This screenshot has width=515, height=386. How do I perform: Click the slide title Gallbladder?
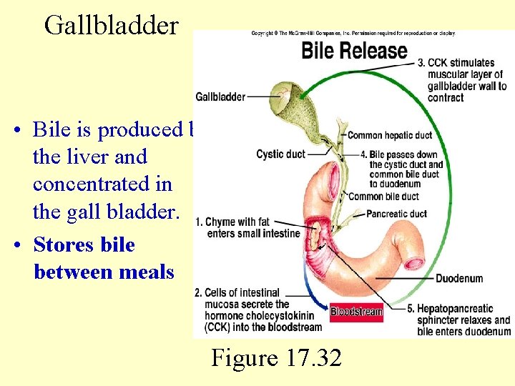tap(111, 25)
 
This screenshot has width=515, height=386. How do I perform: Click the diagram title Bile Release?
tap(354, 51)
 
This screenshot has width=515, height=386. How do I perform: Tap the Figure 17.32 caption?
tap(276, 357)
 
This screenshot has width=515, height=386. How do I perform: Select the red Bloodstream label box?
tap(356, 312)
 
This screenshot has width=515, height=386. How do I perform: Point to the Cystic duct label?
tap(280, 154)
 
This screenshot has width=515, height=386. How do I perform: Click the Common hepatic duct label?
tap(390, 135)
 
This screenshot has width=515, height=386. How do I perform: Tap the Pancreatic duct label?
tap(396, 214)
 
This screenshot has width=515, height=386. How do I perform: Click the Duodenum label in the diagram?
tap(458, 278)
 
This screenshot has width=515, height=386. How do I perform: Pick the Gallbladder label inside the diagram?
tap(220, 96)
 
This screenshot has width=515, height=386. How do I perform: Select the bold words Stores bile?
tap(84, 244)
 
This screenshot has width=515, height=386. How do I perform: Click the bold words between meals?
tap(104, 272)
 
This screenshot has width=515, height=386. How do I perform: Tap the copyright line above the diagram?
tap(353, 34)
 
